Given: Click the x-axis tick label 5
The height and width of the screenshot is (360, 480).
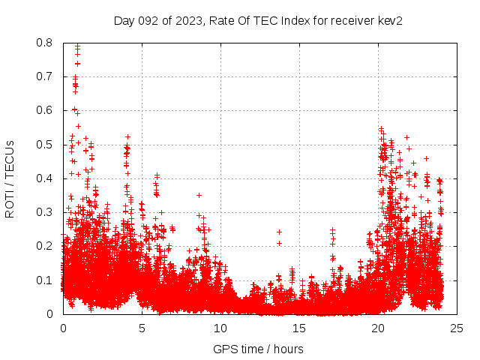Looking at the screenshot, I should tap(142, 328).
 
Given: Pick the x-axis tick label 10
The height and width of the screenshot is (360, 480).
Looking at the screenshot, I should tap(220, 328).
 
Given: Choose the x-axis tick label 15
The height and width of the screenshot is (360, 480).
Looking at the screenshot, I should tap(299, 328).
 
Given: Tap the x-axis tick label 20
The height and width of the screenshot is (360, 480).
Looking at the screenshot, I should tap(378, 328).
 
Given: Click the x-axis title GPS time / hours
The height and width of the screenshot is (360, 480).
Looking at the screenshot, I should tap(258, 349).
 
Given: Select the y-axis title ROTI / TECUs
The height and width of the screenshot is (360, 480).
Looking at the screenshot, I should tap(10, 178).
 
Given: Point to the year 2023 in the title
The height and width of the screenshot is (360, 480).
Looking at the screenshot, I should tap(187, 21).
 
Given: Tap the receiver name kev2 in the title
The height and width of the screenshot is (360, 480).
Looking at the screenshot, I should tap(389, 21).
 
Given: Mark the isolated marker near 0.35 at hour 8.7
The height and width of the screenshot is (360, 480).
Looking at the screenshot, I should tap(199, 195).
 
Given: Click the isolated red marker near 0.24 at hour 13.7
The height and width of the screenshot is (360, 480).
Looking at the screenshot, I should tap(279, 232).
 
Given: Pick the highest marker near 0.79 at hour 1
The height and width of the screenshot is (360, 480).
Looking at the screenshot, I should tap(77, 46).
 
